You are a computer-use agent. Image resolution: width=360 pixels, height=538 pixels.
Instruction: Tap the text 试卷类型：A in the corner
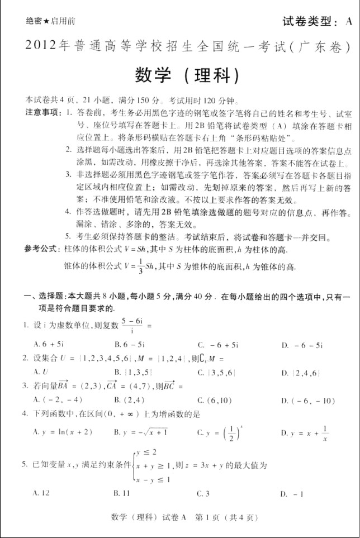point(317,22)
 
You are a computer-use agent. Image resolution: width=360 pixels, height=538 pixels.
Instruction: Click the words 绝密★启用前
point(51,21)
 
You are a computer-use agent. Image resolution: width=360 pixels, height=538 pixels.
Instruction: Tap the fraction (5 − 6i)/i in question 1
point(131,325)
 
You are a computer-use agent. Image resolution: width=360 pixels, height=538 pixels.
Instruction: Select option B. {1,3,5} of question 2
point(130,372)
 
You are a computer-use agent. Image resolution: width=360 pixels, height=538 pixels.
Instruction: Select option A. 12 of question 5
point(42,493)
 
